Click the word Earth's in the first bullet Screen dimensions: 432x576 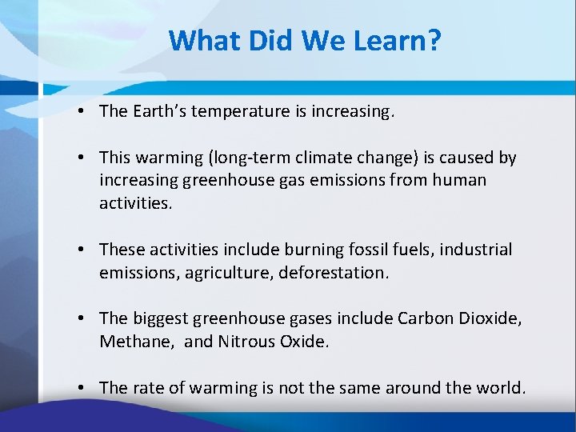(159, 111)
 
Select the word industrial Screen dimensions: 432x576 (473, 250)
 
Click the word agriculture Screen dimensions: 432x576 (225, 272)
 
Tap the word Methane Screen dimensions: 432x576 (132, 341)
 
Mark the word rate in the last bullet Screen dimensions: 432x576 (145, 388)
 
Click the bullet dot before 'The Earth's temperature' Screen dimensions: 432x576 (83, 112)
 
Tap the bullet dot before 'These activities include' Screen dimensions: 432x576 (83, 250)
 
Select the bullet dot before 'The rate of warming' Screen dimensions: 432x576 (83, 389)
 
